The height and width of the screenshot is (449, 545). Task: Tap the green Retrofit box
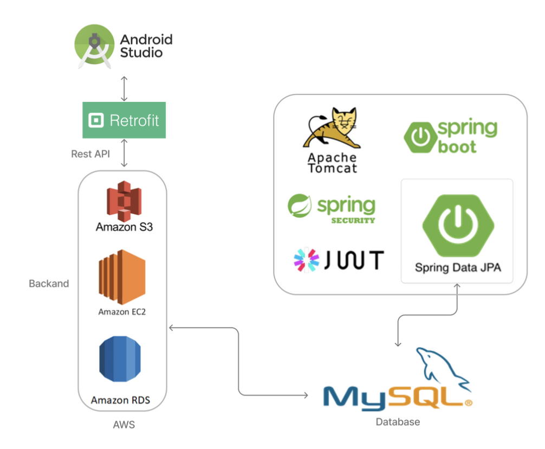click(x=124, y=120)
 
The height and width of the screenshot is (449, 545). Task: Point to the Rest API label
click(x=90, y=154)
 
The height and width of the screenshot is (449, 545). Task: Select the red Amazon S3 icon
click(x=124, y=200)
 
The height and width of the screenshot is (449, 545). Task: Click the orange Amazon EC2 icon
click(x=122, y=277)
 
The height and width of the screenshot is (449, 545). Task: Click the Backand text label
click(x=49, y=283)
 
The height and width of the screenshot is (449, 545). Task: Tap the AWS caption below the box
click(x=124, y=425)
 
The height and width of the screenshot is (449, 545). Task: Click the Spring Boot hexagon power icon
click(x=420, y=138)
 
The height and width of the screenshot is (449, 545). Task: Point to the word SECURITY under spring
click(x=353, y=220)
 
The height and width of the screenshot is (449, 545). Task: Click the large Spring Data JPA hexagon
click(x=457, y=224)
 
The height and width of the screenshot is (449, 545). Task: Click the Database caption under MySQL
click(x=398, y=421)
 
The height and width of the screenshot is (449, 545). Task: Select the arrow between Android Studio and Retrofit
click(x=124, y=88)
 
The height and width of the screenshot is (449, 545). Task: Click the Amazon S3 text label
click(x=124, y=227)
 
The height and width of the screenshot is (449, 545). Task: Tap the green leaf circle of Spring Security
click(x=300, y=206)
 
